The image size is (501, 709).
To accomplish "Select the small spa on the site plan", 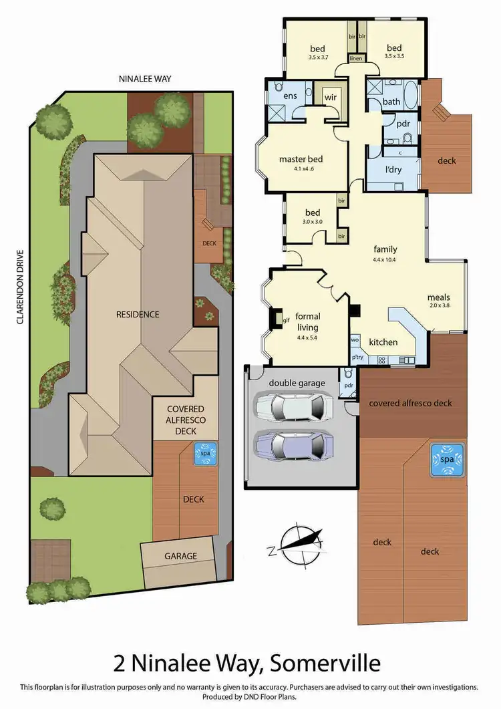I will coord(205,454).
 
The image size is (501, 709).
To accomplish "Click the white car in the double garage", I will coord(293,406).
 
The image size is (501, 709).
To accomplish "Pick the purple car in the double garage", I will coord(293,444).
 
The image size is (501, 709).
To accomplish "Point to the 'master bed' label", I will coord(301,159).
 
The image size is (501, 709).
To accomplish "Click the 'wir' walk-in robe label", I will coord(330,98).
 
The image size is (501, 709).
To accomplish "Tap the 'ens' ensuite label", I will coord(289,96).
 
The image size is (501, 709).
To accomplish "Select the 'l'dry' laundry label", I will coord(393,170).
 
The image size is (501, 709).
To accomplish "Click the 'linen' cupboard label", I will coord(355,59).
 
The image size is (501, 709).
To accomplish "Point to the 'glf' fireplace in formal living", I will coord(286,320).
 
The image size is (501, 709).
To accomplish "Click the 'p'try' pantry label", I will coord(357,359).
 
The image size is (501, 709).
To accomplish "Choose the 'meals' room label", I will coord(439,297).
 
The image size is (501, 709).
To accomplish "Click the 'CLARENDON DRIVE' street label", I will coord(21,287).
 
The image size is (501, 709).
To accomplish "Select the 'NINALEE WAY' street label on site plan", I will coord(145,79).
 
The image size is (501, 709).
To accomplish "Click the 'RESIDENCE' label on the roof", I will coord(137,314).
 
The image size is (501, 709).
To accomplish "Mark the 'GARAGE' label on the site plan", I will coord(180,556).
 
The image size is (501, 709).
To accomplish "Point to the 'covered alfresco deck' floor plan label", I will coord(410,403).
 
